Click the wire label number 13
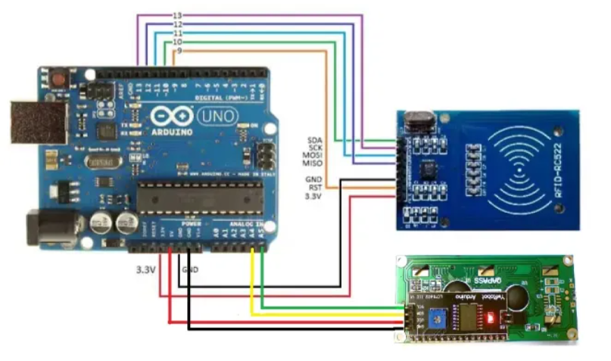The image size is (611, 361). (x=177, y=15)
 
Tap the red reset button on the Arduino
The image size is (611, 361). (x=57, y=77)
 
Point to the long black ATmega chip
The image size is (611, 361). (x=200, y=196)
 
